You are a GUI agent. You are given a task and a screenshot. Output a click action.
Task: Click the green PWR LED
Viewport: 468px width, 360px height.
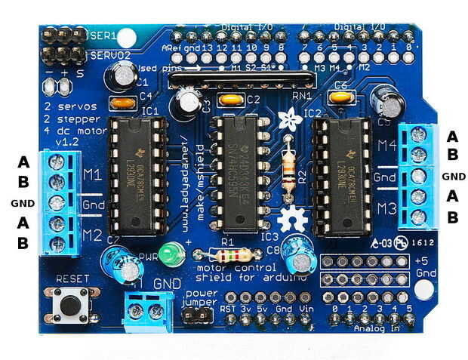pos(174,255)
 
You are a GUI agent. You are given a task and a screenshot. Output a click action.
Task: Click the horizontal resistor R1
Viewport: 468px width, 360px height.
pos(229,254)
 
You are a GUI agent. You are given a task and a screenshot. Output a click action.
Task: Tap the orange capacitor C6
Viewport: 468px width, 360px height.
pos(341,97)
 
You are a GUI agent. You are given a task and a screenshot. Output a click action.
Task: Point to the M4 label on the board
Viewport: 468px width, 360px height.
pos(386,146)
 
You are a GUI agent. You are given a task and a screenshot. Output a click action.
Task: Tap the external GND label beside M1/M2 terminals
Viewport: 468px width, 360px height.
pos(23,204)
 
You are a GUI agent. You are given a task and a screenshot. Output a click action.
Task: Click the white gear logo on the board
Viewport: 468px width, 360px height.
pos(289,220)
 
